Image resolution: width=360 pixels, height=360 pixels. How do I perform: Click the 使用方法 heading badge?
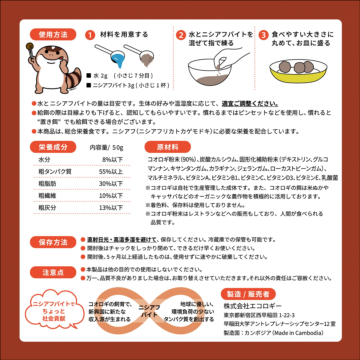[x=53, y=35]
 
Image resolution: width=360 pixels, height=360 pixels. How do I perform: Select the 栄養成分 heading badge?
[x=53, y=147]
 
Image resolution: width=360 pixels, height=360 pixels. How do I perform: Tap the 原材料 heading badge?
[x=168, y=147]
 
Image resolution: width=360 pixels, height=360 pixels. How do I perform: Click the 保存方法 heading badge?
[x=53, y=242]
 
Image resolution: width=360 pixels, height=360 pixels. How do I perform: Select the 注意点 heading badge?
[x=53, y=272]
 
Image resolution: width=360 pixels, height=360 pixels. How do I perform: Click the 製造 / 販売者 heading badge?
[x=248, y=294]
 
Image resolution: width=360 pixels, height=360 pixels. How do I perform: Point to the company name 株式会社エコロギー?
[x=253, y=306]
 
